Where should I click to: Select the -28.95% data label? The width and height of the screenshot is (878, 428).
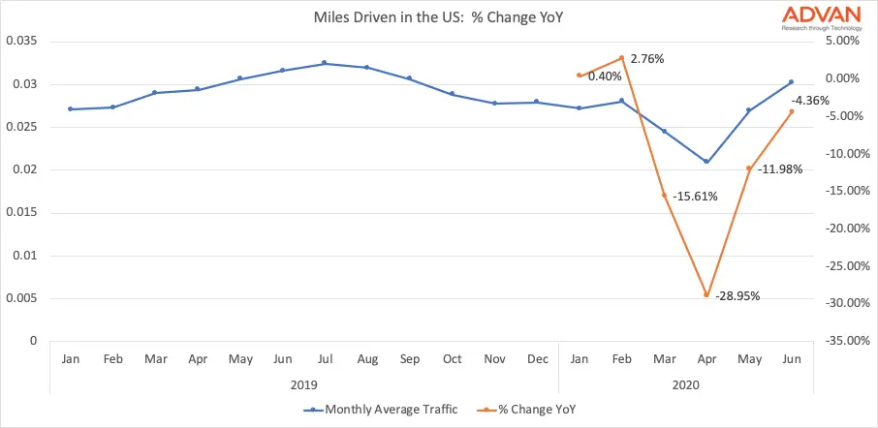point(737,294)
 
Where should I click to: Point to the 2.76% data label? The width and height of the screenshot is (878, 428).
point(646,59)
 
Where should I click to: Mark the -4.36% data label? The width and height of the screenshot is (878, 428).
point(809,100)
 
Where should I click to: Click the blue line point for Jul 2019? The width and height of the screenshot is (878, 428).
point(325,63)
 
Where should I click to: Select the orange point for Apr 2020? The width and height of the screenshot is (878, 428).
point(706,295)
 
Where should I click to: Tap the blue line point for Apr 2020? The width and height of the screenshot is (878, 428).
point(706,162)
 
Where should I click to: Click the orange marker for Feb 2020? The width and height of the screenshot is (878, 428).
point(621,57)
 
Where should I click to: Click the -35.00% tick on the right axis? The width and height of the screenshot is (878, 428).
point(840,341)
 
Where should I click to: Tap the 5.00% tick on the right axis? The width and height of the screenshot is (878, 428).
point(842,41)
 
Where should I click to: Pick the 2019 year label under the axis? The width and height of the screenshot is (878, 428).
point(303,384)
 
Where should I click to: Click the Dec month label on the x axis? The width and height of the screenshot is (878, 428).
point(537,359)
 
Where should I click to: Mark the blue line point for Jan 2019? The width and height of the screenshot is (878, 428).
point(70,109)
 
